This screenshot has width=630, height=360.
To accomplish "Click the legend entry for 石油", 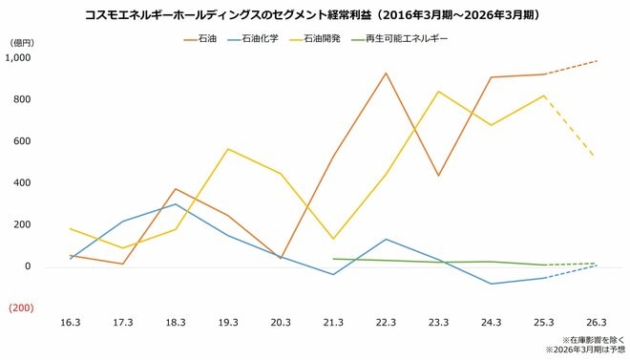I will coord(206,40).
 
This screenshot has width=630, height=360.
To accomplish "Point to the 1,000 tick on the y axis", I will coord(19,58).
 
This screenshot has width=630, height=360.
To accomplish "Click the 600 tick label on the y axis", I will coord(24,141).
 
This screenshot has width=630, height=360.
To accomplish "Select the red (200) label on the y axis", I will coord(21,308).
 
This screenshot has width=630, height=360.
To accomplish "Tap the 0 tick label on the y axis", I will coord(30,266).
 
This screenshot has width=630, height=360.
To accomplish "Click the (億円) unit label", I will coord(21,43).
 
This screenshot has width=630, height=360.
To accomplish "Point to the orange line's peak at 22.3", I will coord(386,74).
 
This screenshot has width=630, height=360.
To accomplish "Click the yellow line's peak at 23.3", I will coord(438,92).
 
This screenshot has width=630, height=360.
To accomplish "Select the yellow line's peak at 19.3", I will coord(228,149).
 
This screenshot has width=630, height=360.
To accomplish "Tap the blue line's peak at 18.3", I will coord(176,204).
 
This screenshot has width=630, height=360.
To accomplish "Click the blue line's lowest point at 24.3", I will coord(491,284).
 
